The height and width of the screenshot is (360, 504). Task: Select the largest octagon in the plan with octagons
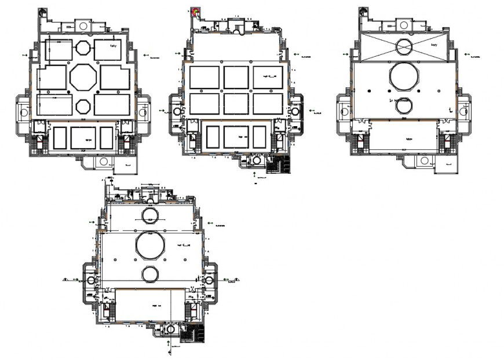pyautogui.click(x=83, y=77)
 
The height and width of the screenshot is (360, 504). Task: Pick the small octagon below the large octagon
pyautogui.click(x=83, y=106)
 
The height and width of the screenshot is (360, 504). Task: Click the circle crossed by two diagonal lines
pyautogui.click(x=405, y=46)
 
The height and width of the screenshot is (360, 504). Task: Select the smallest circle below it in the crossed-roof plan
pyautogui.click(x=405, y=105)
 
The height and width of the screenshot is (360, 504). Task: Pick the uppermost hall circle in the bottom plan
pyautogui.click(x=149, y=215)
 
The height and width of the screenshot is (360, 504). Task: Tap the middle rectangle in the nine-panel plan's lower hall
pyautogui.click(x=236, y=137)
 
